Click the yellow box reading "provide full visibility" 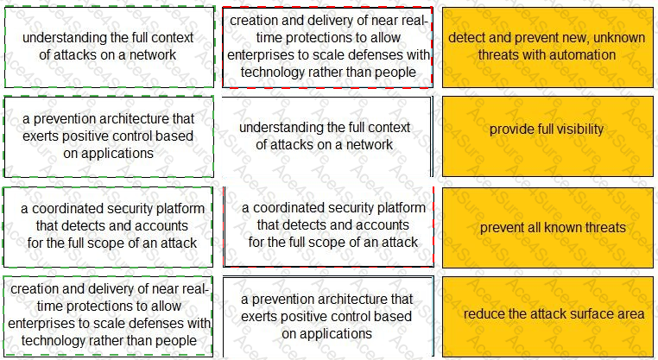pyautogui.click(x=547, y=130)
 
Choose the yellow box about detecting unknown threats pyautogui.click(x=547, y=47)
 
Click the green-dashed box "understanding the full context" pyautogui.click(x=108, y=47)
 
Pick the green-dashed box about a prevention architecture pyautogui.click(x=108, y=136)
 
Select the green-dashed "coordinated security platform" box pyautogui.click(x=108, y=226)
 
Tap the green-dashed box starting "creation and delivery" pyautogui.click(x=108, y=313)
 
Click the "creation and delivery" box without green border pyautogui.click(x=327, y=47)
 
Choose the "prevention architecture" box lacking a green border pyautogui.click(x=327, y=316)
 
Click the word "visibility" pyautogui.click(x=575, y=130)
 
